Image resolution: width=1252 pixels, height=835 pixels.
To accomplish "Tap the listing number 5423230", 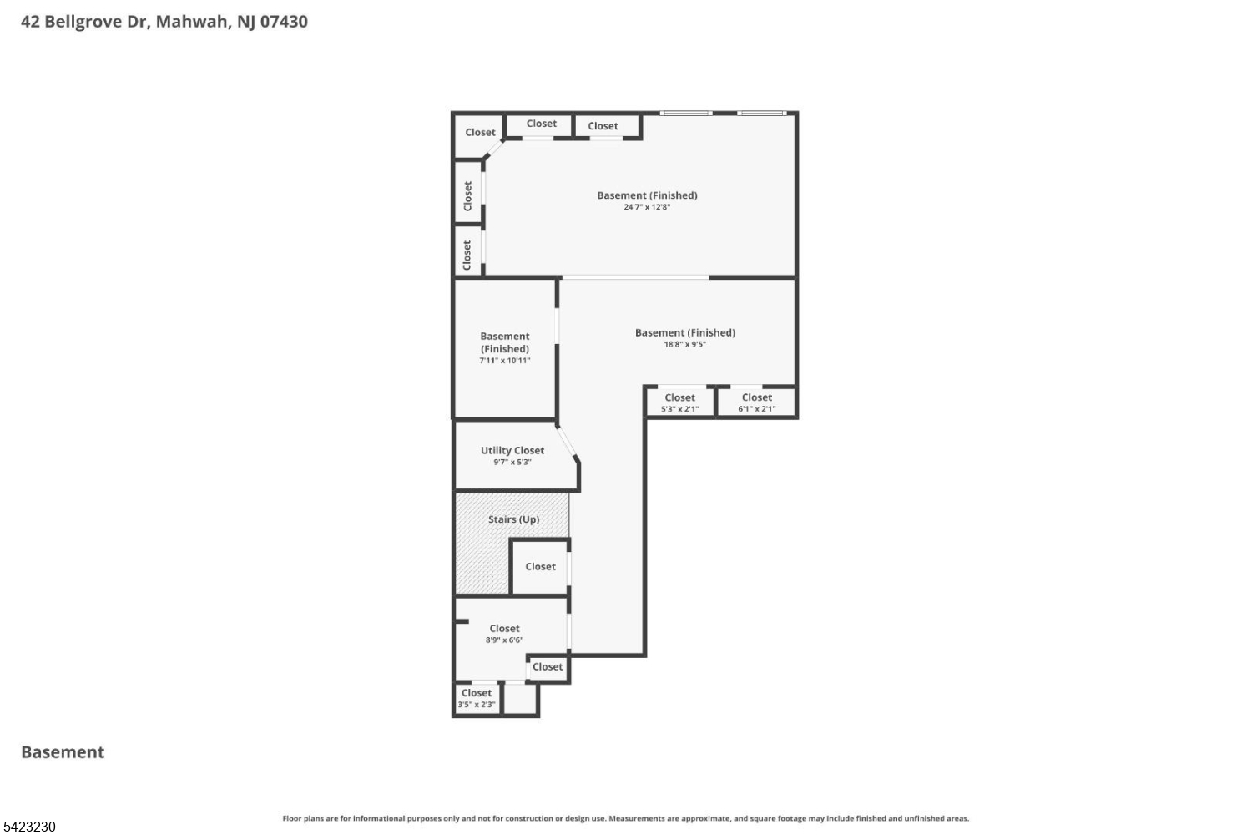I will click(29, 827).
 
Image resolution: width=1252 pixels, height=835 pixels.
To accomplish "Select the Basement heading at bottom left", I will click(63, 752).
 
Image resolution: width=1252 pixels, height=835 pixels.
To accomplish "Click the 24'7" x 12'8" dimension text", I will click(647, 207).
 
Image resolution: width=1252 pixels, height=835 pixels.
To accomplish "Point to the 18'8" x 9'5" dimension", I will click(684, 344).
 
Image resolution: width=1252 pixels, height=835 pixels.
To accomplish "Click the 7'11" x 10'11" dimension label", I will click(504, 361).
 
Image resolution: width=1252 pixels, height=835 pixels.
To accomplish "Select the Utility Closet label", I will click(512, 450).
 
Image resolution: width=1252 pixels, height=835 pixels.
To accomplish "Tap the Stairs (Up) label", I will click(513, 519).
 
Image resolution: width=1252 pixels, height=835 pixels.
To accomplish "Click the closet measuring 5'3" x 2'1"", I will click(679, 402).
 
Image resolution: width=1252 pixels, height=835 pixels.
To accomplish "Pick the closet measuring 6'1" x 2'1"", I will click(756, 402).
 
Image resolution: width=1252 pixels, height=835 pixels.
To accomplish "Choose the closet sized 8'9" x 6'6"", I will click(504, 634).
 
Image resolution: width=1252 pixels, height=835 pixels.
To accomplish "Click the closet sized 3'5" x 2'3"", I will click(477, 698).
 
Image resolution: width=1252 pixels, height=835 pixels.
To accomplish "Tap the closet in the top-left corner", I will click(479, 133).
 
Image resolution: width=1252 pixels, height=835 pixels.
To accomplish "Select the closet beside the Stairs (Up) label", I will click(540, 567).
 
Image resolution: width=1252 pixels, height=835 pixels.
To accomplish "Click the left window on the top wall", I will click(686, 113).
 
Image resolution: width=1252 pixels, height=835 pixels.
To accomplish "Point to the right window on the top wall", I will click(761, 113).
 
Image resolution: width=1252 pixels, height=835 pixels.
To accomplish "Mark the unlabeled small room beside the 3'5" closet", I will click(520, 699).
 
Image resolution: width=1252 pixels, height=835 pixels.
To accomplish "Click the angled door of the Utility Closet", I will click(568, 443).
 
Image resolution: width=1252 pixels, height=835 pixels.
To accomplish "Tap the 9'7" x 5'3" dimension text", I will click(512, 462).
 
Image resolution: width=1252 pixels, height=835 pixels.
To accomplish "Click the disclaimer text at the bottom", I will click(625, 818).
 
